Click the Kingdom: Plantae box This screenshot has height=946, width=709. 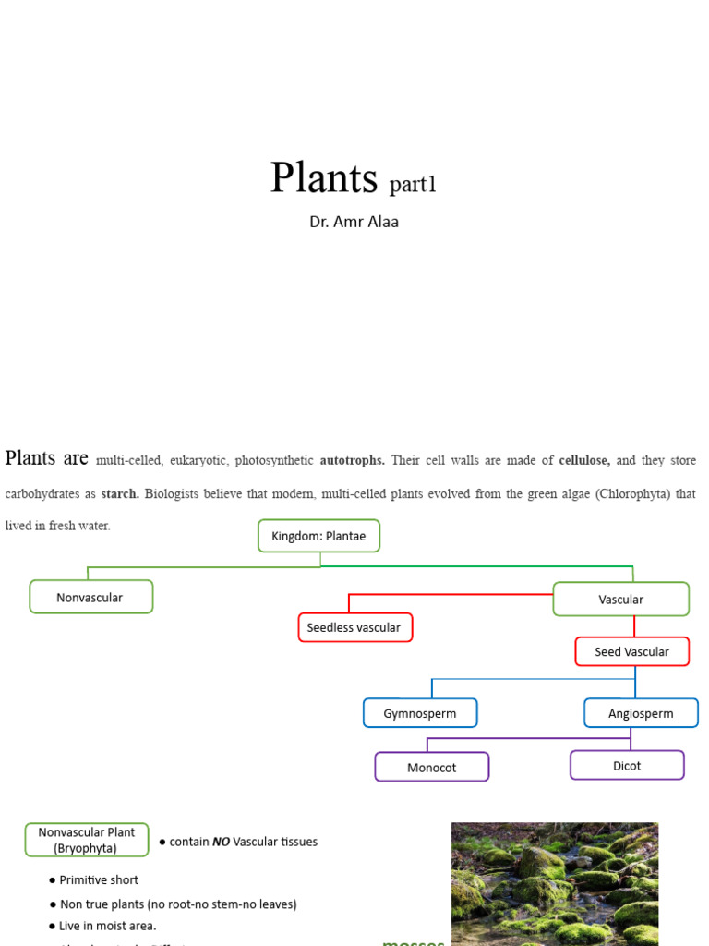click(318, 536)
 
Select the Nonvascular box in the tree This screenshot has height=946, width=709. click(90, 598)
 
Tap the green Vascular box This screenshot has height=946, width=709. click(620, 600)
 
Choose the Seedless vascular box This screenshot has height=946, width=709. click(354, 628)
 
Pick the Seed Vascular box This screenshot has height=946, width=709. click(631, 652)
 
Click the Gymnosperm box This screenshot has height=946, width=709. click(420, 713)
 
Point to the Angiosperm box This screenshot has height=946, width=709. click(641, 713)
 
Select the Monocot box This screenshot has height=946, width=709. click(431, 768)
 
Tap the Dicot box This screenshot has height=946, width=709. click(627, 766)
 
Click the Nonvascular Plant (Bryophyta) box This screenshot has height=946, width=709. click(87, 840)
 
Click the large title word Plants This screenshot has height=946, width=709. click(324, 177)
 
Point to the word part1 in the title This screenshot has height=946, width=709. click(413, 185)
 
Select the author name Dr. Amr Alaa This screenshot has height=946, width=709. click(354, 223)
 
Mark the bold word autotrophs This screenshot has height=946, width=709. click(353, 460)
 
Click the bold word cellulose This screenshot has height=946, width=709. click(584, 460)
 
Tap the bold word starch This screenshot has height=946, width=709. click(120, 494)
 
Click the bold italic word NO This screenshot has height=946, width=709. click(222, 842)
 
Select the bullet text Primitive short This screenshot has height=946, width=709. click(99, 880)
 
